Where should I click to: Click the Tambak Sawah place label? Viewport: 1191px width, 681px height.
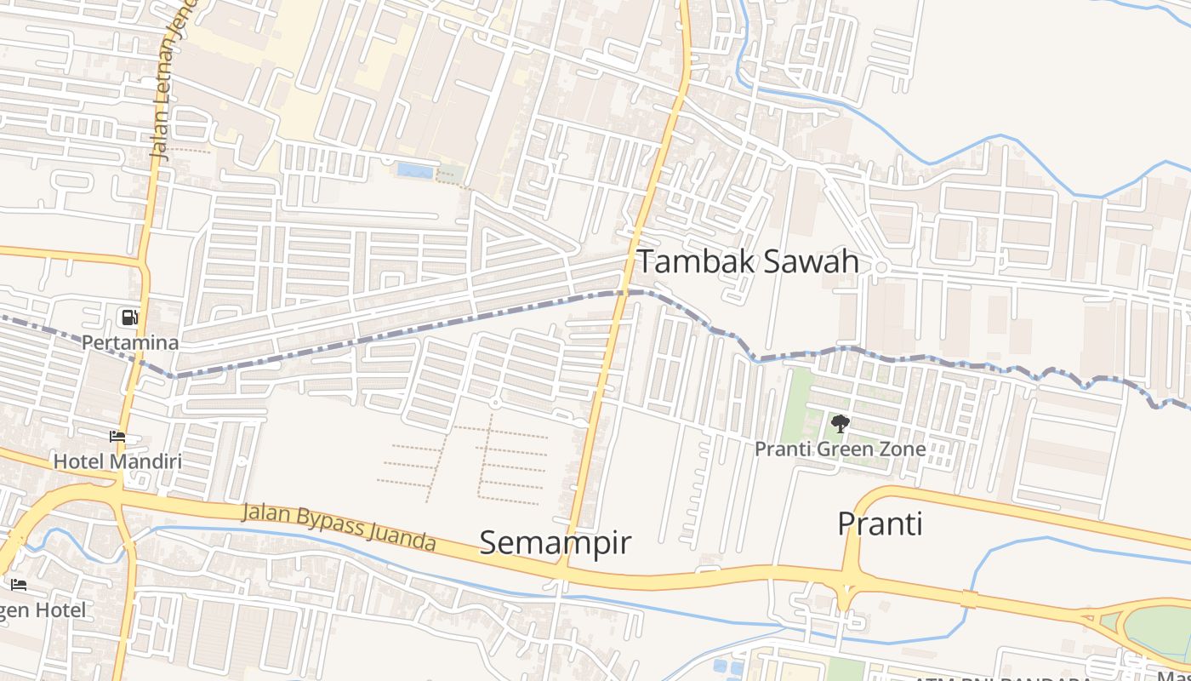(x=748, y=261)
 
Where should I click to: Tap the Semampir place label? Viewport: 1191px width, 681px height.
(x=556, y=542)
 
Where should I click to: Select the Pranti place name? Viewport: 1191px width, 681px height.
(x=880, y=524)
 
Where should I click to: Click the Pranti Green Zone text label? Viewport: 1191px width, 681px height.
(x=841, y=449)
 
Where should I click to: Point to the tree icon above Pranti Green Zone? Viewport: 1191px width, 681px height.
(x=840, y=424)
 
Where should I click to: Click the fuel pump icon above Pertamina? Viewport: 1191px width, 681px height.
(x=129, y=318)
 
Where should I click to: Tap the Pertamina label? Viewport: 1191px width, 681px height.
(x=130, y=343)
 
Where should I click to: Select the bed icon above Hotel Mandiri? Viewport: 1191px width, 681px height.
(x=117, y=438)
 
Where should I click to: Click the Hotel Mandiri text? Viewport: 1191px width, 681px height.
(x=117, y=461)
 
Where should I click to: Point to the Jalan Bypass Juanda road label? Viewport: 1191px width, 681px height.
(x=339, y=527)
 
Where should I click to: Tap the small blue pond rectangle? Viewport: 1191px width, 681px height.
(x=414, y=170)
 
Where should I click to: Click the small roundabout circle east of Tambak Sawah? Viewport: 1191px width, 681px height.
(x=881, y=267)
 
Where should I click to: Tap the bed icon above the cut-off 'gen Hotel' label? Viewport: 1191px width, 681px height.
(x=19, y=585)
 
